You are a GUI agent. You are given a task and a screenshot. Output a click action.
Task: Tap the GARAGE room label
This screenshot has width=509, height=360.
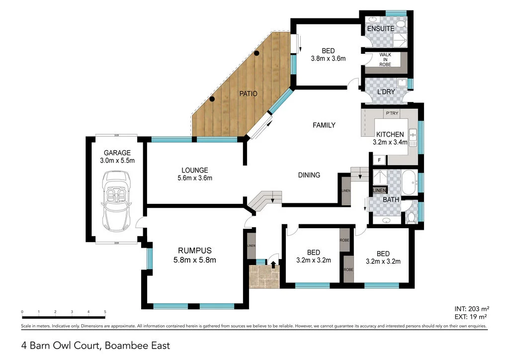tap(117, 153)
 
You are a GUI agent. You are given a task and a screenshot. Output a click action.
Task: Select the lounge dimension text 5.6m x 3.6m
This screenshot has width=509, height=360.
tap(195, 178)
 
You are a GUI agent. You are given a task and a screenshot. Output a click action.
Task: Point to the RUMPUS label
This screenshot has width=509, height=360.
tap(195, 250)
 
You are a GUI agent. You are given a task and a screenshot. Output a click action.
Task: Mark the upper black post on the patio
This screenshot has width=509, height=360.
tap(256, 53)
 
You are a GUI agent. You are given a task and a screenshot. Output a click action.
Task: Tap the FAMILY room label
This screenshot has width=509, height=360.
tap(324, 125)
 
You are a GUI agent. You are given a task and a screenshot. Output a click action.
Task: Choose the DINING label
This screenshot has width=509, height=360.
tap(309, 175)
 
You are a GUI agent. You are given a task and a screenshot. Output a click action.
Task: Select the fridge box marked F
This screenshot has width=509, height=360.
tap(379, 160)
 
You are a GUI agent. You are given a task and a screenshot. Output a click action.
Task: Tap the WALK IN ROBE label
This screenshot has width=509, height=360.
tap(385, 60)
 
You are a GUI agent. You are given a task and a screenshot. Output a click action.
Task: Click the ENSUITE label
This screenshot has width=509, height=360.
tap(380, 29)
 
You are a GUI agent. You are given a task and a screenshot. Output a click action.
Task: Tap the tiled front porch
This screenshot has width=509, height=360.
tap(264, 277)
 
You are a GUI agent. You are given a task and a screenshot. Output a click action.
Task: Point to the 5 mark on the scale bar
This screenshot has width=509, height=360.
tap(105, 312)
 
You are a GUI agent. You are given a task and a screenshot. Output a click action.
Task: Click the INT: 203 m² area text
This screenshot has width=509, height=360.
tap(470, 308)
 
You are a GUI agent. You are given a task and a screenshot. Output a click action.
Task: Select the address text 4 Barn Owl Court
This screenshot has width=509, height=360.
tap(61, 345)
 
